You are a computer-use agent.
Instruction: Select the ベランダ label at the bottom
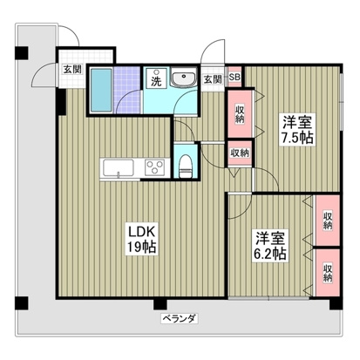[178, 319]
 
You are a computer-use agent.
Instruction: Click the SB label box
[234, 78]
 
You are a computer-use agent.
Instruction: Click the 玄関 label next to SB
[213, 79]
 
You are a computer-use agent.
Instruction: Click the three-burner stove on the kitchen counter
[155, 167]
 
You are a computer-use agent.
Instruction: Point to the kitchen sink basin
[117, 167]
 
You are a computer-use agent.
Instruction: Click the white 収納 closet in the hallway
[239, 153]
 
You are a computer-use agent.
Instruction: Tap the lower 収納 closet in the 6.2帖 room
[328, 273]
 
